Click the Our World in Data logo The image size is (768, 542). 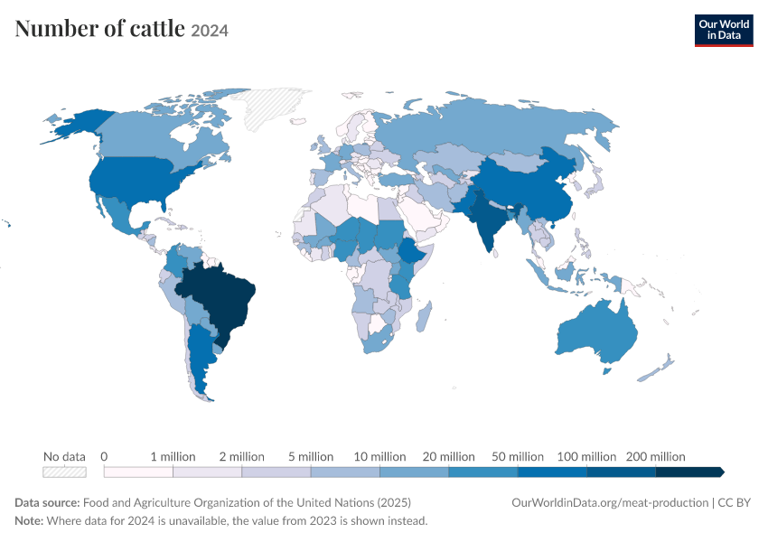724,31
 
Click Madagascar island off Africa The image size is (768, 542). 424,316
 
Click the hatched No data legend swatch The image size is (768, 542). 65,472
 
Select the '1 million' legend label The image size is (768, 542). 173,457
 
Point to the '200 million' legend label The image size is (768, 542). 655,457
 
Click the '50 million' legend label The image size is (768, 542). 518,457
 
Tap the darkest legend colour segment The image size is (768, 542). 689,472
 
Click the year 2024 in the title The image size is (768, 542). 210,31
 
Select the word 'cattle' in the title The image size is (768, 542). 157,28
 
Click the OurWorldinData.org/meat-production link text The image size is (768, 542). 610,503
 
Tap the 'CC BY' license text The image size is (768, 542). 735,503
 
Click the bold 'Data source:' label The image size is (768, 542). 47,503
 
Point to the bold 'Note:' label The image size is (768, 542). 29,520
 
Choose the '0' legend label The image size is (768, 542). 104,457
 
